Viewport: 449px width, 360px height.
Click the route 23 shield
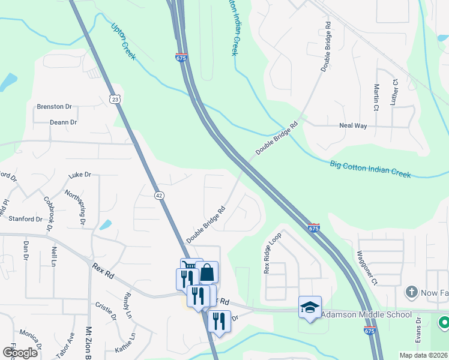[x=115, y=98]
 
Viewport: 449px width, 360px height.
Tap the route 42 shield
[x=158, y=195]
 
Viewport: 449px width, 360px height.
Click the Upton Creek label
[x=124, y=41]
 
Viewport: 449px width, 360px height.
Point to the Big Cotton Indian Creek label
[x=370, y=169]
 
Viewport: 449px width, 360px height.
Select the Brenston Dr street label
[x=54, y=107]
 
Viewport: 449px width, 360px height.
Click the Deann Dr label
[x=64, y=122]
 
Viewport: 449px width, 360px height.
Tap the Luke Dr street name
[x=79, y=175]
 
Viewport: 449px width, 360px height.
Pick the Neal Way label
[x=353, y=126]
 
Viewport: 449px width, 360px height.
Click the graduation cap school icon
[x=310, y=307]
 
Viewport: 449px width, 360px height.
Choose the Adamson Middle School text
[x=367, y=315]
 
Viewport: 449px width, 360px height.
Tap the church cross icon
[x=411, y=292]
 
